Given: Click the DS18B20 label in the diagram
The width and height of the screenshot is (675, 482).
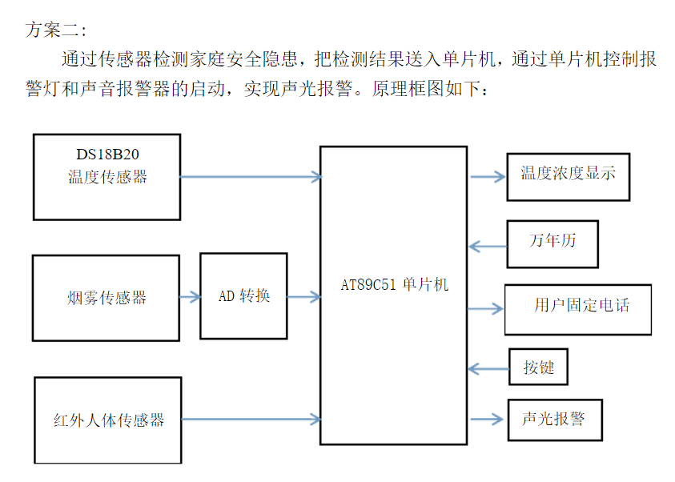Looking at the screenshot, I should point(107,155).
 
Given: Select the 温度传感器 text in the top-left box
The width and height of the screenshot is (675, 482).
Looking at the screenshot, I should point(107,177).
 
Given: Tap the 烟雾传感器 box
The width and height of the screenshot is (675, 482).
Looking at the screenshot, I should point(106,298).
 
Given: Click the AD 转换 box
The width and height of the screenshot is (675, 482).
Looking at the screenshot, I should point(243,296).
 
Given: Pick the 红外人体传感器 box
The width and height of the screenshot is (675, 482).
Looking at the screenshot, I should point(108,420).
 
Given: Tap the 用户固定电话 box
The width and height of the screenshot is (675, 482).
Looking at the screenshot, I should point(577,308).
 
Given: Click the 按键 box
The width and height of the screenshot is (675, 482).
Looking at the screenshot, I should point(538,368).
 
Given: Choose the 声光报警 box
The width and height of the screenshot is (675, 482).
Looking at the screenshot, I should point(553,419).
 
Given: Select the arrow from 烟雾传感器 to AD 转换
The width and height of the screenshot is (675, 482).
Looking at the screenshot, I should point(190,297).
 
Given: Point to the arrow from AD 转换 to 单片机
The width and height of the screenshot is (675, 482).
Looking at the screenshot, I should point(303,297).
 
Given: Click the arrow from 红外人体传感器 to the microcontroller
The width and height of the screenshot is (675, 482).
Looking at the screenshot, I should point(250,419).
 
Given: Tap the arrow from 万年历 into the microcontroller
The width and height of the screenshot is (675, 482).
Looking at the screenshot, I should point(487,245).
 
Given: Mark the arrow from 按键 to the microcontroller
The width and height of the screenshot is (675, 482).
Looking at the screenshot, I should point(488,368).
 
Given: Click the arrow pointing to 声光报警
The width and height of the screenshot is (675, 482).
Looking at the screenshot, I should point(487,419).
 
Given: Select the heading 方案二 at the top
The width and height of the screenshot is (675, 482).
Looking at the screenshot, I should point(55,30).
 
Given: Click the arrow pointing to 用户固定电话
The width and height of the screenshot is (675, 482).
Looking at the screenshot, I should point(485,308).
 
